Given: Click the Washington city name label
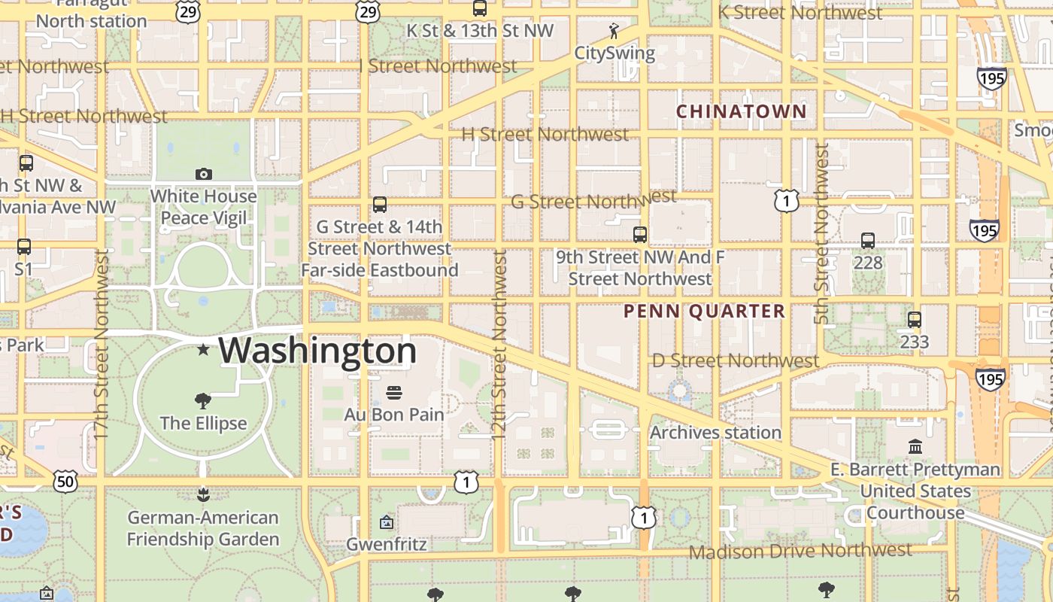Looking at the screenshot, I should click(317, 351).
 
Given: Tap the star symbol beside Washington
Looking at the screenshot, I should click(203, 349).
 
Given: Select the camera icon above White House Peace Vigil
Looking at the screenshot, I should click(203, 174).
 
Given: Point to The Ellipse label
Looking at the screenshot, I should click(203, 423).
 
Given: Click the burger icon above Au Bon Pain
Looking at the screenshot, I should click(393, 392).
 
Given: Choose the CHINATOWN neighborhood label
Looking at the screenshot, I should click(741, 111).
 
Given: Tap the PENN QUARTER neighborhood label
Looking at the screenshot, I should click(704, 312).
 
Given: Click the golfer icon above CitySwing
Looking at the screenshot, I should click(614, 31).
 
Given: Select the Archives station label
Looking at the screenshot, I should click(715, 433).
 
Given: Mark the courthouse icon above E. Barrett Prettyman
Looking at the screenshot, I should click(915, 447).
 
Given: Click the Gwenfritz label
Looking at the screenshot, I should click(387, 544).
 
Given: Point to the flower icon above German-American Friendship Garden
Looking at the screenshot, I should click(202, 494).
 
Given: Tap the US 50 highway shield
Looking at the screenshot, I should click(65, 482).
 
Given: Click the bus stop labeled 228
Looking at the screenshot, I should click(868, 241).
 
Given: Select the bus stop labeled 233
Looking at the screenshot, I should click(915, 320).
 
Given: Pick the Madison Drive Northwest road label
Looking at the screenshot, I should click(800, 552).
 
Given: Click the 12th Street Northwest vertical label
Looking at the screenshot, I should click(499, 335).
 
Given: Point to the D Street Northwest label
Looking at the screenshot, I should click(735, 361).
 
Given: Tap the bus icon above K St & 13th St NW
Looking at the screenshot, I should click(479, 8).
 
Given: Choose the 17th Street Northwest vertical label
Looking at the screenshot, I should click(102, 345).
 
